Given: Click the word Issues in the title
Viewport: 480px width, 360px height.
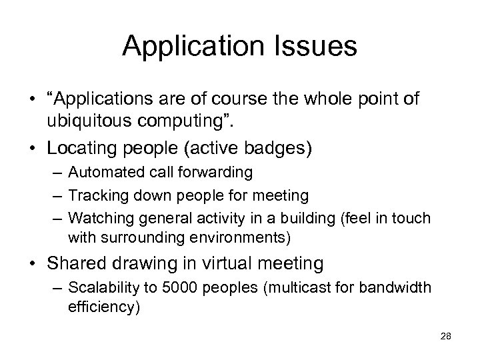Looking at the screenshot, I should point(313,46).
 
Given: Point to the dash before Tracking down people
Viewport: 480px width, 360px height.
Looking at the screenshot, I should point(55,195).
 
